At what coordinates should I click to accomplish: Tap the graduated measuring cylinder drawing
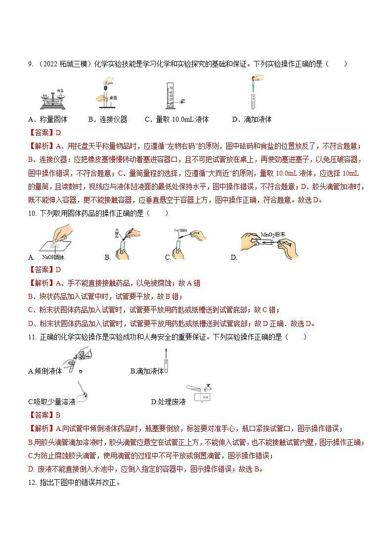coord(171,95)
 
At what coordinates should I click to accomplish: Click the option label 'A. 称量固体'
coord(48,119)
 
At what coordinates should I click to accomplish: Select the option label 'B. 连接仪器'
coord(108,119)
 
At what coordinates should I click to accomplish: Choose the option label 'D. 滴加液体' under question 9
coord(252,119)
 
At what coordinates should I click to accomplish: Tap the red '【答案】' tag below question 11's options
coord(40,415)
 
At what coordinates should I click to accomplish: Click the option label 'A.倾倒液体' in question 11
coord(45,371)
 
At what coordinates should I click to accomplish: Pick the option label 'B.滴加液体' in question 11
coord(147,371)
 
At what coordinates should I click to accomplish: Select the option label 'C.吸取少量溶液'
coord(52,402)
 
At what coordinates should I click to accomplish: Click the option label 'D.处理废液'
coord(168,402)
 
